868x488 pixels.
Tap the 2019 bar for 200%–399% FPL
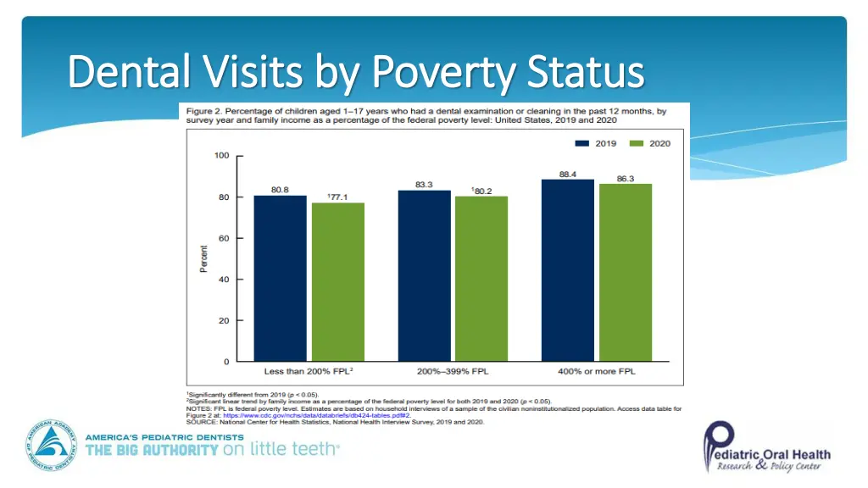tap(424, 275)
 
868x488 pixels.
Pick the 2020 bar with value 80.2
tap(481, 279)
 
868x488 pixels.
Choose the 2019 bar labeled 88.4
tap(568, 270)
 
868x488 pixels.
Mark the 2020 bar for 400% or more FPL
tap(626, 273)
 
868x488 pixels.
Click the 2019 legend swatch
tap(582, 143)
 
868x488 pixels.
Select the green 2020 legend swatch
tap(637, 143)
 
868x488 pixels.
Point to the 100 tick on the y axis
tap(221, 156)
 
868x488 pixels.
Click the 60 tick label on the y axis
tap(224, 238)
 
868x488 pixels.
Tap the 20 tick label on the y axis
tap(224, 320)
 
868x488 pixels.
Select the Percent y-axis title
tap(203, 258)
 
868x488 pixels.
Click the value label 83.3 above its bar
tap(425, 184)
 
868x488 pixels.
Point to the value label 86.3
tap(626, 178)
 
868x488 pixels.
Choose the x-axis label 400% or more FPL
tap(597, 371)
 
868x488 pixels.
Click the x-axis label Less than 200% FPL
tap(308, 371)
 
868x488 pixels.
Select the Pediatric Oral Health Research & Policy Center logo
tap(766, 446)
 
